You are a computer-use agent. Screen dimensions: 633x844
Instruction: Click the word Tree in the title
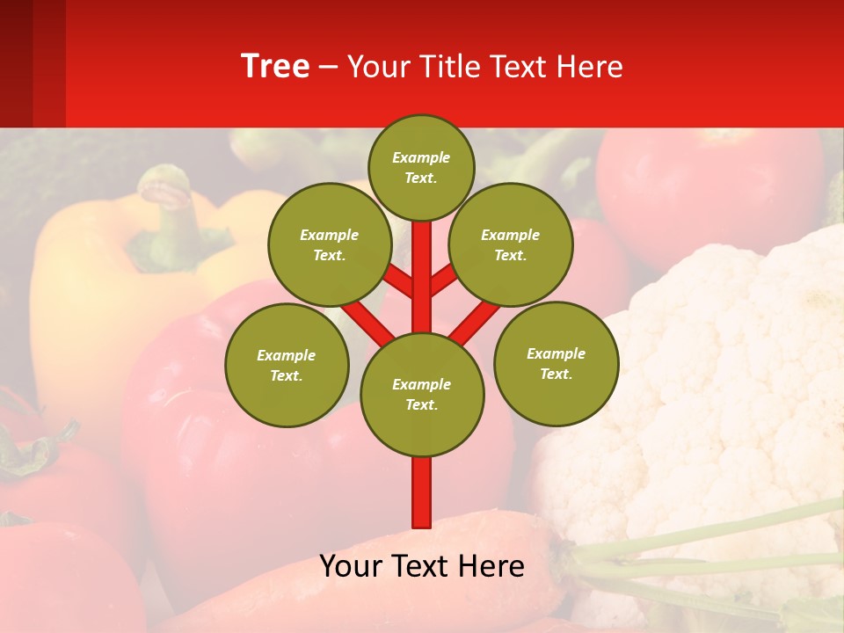coord(275,67)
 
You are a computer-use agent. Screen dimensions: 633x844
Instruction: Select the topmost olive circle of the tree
coord(421,167)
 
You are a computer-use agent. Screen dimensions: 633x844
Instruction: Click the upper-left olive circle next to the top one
coord(329,244)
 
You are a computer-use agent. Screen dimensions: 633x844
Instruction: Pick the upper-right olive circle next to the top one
coord(510,244)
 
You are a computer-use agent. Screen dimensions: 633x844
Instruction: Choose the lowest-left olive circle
coord(286,365)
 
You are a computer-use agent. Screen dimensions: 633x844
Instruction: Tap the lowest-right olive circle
coord(556,363)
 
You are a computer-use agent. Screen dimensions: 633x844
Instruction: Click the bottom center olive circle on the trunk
coord(421,394)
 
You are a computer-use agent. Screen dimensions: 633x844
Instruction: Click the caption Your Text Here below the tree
coord(421,566)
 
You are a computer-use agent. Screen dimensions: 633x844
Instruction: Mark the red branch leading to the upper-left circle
coord(397,280)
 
